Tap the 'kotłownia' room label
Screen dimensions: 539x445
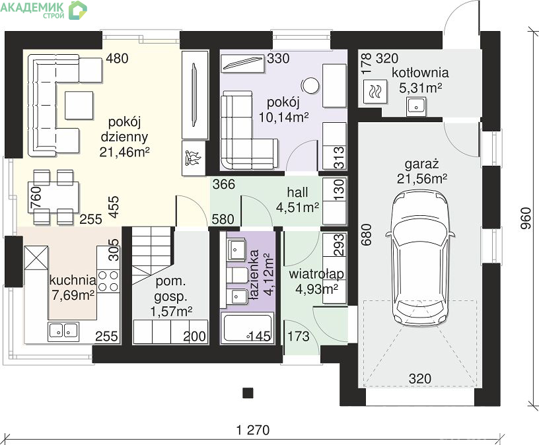click(420, 73)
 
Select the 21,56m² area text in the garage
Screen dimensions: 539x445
click(422, 179)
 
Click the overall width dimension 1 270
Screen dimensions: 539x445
click(254, 430)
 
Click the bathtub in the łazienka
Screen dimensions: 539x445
click(247, 328)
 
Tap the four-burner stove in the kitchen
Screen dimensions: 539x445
click(108, 281)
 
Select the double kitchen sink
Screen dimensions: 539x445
click(64, 330)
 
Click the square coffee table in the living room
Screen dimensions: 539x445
click(79, 105)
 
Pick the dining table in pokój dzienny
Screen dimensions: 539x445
click(54, 197)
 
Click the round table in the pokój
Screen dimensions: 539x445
click(310, 85)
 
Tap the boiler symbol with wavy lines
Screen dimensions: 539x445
click(376, 91)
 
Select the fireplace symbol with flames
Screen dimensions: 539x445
click(194, 158)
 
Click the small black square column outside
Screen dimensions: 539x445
click(248, 392)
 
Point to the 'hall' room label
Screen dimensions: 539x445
click(298, 192)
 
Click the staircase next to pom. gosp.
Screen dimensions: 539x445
click(153, 255)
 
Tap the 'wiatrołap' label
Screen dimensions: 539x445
click(316, 274)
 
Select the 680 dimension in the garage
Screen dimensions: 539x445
click(367, 234)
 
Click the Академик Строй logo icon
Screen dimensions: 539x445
click(78, 10)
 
